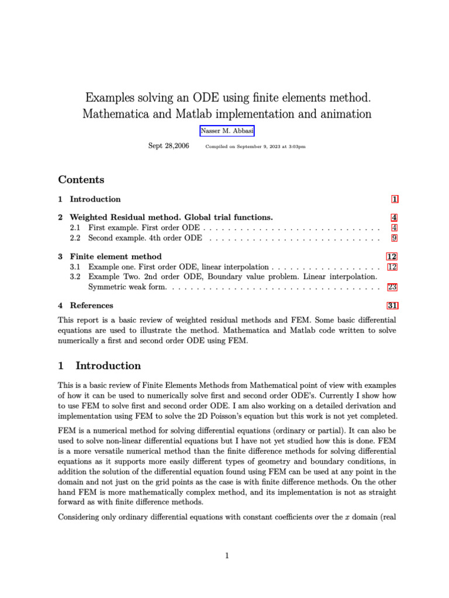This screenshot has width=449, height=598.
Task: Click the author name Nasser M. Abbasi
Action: (227, 131)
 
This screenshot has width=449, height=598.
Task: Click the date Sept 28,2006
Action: (168, 146)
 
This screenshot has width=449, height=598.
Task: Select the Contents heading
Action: (81, 179)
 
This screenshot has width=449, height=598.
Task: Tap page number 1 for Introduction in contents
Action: (395, 199)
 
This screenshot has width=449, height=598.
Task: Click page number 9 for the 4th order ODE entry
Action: (395, 238)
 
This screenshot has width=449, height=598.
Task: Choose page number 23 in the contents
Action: (392, 287)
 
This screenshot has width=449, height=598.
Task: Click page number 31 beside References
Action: (392, 305)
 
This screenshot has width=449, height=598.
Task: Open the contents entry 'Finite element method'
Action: (116, 256)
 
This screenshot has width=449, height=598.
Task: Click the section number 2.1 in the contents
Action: (75, 228)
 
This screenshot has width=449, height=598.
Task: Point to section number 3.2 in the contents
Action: (75, 277)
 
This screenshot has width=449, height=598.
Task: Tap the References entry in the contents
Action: (91, 305)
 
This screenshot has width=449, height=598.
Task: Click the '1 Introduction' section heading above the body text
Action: (99, 366)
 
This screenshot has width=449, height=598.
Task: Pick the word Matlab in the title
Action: (194, 114)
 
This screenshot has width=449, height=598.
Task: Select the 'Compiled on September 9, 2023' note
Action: (255, 147)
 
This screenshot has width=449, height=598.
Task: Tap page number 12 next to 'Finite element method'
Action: (392, 256)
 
